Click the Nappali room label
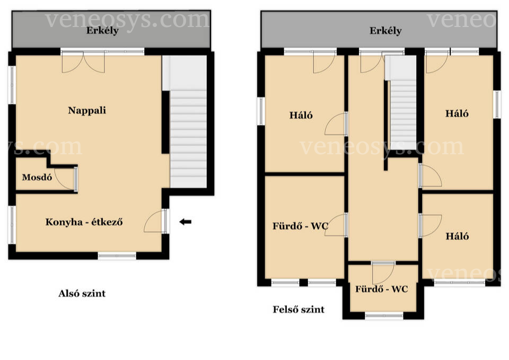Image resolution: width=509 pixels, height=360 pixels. pyautogui.click(x=87, y=111)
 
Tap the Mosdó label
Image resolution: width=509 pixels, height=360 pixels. pyautogui.click(x=37, y=177)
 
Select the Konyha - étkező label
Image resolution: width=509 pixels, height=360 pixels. pyautogui.click(x=84, y=222)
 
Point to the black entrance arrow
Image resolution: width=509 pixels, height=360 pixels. pyautogui.click(x=186, y=222)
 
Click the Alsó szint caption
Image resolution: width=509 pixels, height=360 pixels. pyautogui.click(x=82, y=293)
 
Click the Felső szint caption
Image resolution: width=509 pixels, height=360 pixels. pyautogui.click(x=299, y=309)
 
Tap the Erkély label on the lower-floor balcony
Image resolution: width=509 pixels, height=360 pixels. pyautogui.click(x=102, y=31)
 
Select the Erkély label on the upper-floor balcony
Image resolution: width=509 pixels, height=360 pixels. pyautogui.click(x=385, y=31)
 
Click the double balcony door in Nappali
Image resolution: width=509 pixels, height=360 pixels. pyautogui.click(x=83, y=62)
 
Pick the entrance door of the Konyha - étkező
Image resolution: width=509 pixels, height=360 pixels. pyautogui.click(x=156, y=221)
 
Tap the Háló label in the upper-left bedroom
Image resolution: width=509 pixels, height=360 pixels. pyautogui.click(x=301, y=115)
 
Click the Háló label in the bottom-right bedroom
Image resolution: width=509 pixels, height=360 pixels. pyautogui.click(x=457, y=236)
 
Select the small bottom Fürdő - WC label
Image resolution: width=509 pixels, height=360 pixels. pyautogui.click(x=381, y=289)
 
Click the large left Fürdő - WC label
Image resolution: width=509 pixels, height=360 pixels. pyautogui.click(x=300, y=226)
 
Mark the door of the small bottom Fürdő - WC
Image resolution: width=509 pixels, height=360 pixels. pyautogui.click(x=383, y=273)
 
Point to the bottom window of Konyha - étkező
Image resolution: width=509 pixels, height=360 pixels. pyautogui.click(x=117, y=256)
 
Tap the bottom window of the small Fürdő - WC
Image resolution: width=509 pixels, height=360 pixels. pyautogui.click(x=384, y=315)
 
